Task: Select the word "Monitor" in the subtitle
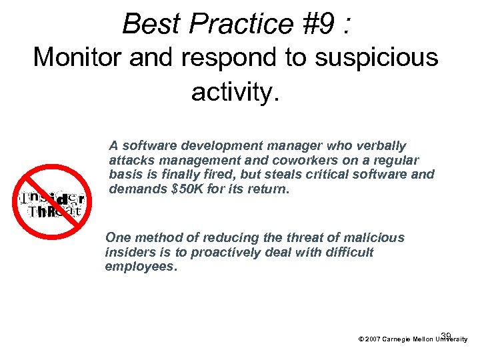[81, 58]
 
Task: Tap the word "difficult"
[347, 252]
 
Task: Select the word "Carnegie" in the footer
[399, 339]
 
